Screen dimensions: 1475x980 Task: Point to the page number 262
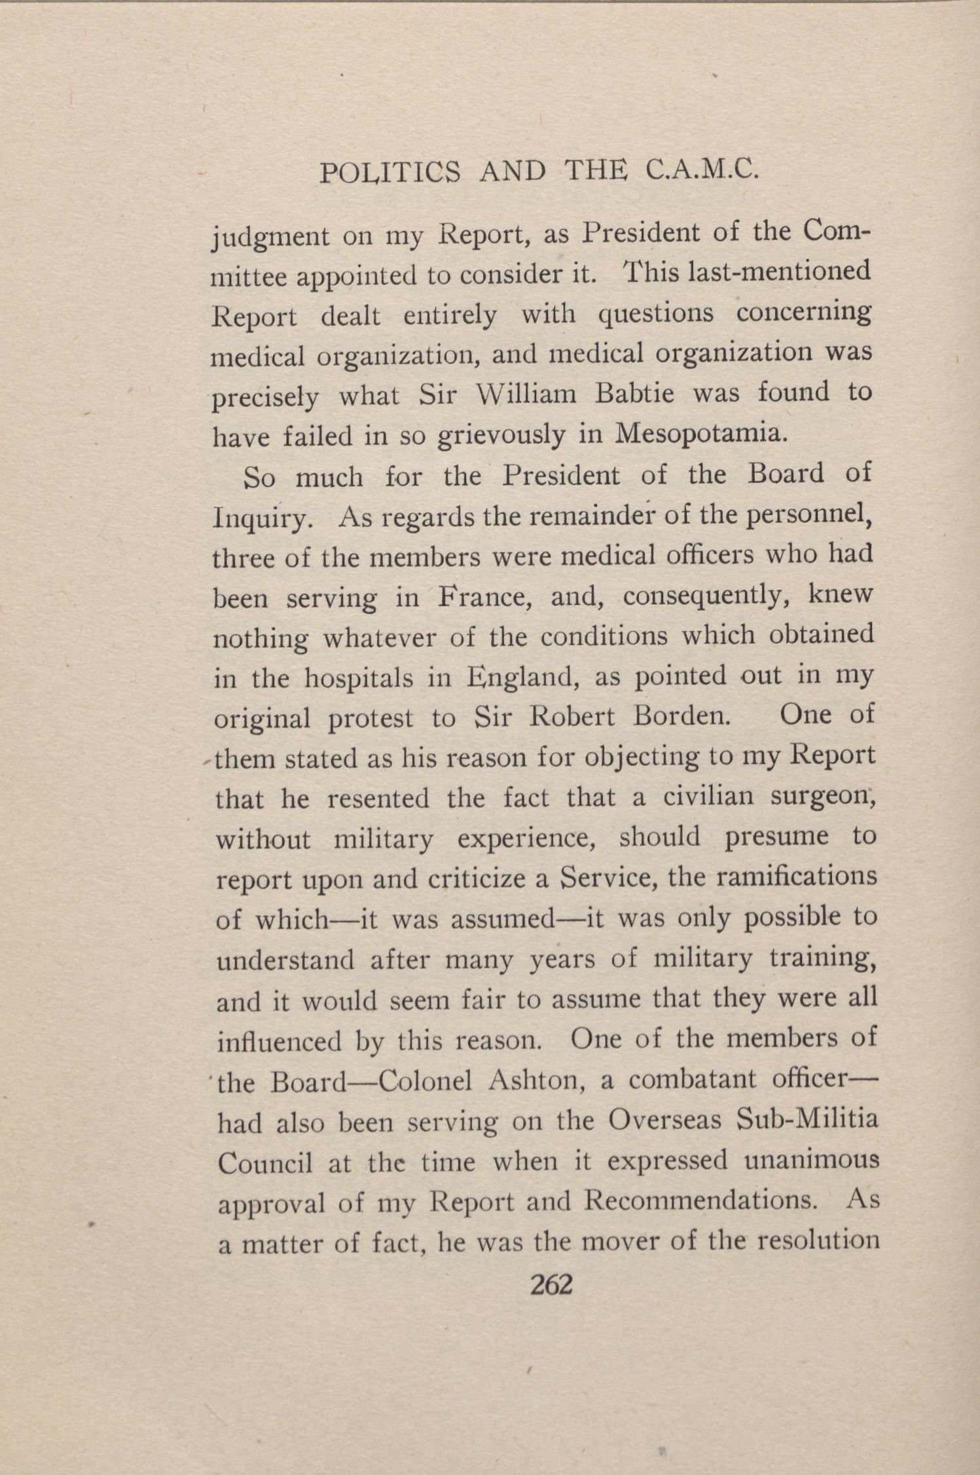point(551,1284)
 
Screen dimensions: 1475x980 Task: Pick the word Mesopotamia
point(699,434)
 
